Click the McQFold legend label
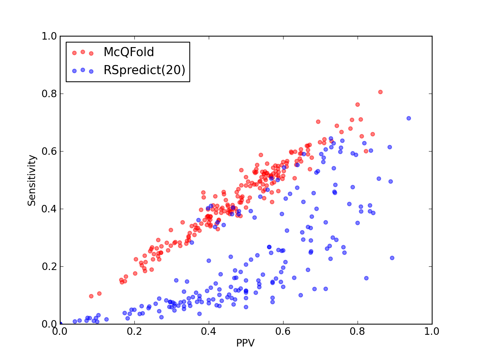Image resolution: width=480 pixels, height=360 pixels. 129,52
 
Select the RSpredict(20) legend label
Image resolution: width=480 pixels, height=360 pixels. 144,70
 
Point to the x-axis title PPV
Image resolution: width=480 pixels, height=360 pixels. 245,343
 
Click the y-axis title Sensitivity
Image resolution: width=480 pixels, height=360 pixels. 32,180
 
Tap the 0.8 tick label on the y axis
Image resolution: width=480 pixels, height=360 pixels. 49,94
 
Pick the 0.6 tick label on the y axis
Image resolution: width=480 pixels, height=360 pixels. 49,151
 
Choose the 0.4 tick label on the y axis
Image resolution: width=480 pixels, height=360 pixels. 49,209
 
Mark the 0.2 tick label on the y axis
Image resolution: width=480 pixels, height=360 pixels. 49,266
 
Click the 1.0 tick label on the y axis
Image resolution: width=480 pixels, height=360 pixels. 49,36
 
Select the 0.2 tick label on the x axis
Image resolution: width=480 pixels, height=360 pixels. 134,331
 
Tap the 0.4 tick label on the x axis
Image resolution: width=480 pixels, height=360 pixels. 208,331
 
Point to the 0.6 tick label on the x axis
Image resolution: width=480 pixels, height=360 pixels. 283,331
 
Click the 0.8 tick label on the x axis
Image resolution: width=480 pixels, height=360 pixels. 357,331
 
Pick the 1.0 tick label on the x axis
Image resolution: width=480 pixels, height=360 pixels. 432,331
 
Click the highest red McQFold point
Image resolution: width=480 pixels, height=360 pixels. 380,92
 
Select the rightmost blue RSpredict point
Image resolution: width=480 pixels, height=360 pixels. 409,118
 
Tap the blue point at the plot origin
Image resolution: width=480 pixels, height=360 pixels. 60,324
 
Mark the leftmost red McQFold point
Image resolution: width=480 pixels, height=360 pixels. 91,296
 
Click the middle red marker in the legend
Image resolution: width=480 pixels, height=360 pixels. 83,52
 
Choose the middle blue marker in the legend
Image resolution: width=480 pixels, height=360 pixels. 83,70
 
